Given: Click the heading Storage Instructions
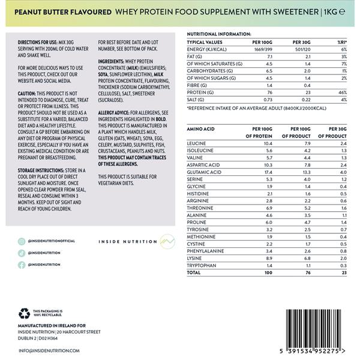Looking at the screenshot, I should coord(36,170).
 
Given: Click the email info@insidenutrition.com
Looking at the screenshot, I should coord(49,350).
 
